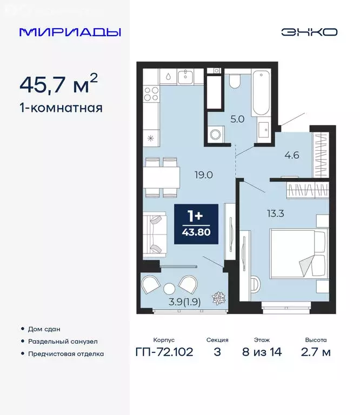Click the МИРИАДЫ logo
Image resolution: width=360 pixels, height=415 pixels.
70,32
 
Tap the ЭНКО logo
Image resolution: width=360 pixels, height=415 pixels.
309,32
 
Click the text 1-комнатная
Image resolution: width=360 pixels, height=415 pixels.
61,108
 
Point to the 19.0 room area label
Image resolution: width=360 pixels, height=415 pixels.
204,175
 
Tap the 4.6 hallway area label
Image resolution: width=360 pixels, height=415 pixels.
292,155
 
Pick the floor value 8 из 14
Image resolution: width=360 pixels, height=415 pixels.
262,352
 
